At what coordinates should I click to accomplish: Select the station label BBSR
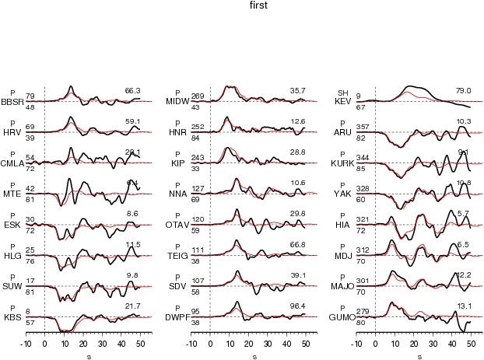pyautogui.click(x=12, y=101)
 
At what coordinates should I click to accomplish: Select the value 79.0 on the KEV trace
pyautogui.click(x=464, y=91)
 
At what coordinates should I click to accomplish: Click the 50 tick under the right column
pyautogui.click(x=470, y=343)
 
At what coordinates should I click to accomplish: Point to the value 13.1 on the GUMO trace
pyautogui.click(x=464, y=306)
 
